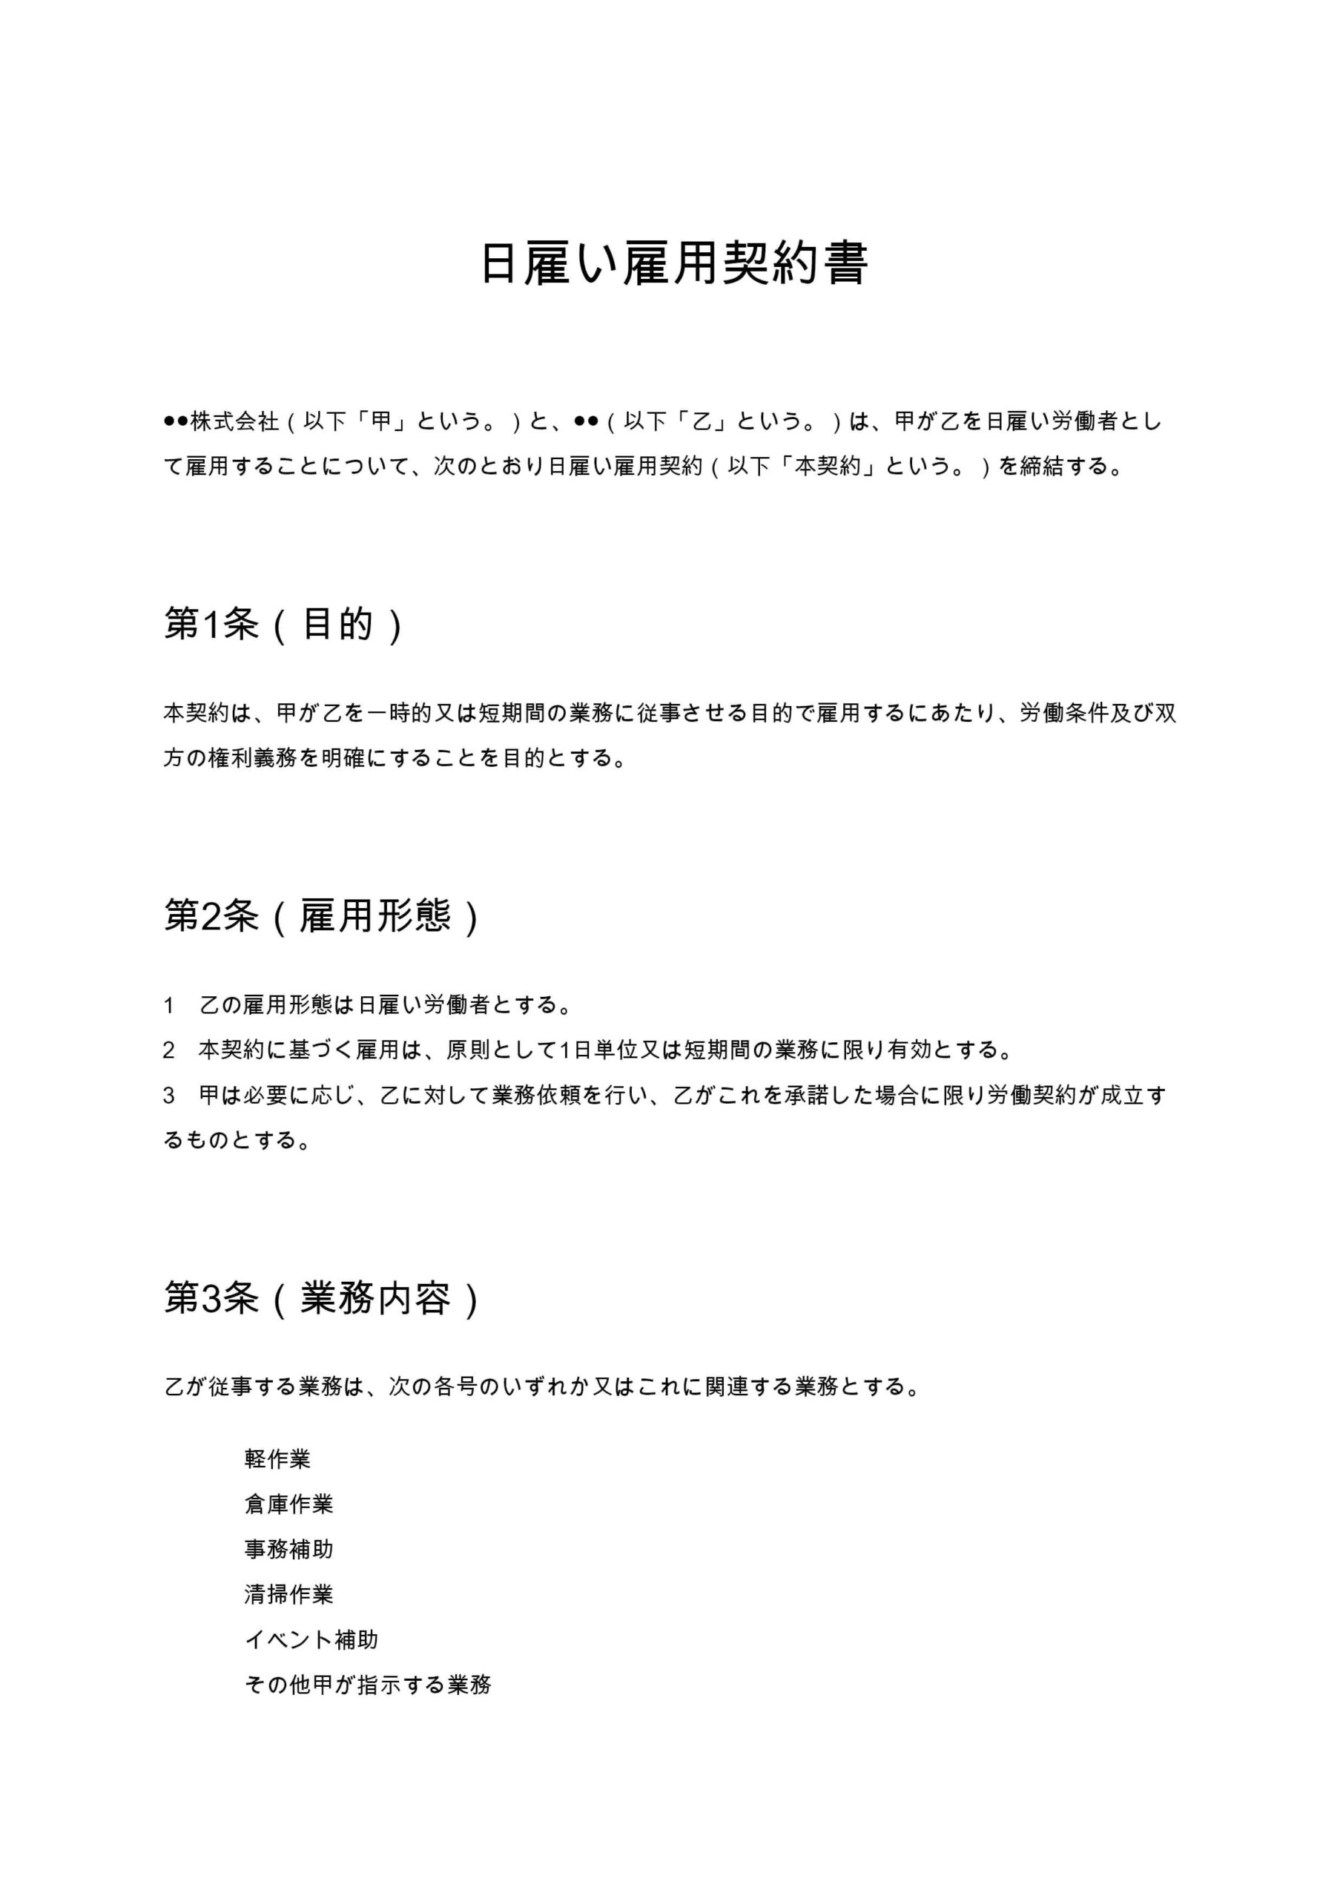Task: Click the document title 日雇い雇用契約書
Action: pyautogui.click(x=674, y=265)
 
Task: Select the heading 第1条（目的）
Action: pyautogui.click(x=283, y=625)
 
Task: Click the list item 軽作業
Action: pyautogui.click(x=277, y=1459)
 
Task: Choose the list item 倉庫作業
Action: pyautogui.click(x=288, y=1504)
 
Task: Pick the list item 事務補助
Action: pyautogui.click(x=288, y=1549)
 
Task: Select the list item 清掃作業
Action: pyautogui.click(x=288, y=1595)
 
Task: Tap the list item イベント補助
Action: pyautogui.click(x=311, y=1639)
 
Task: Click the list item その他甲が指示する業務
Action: pyautogui.click(x=368, y=1685)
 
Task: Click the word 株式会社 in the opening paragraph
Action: pyautogui.click(x=235, y=422)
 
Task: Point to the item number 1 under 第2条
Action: pyautogui.click(x=168, y=1006)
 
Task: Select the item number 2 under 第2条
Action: pyautogui.click(x=168, y=1050)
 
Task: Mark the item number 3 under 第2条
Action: pyautogui.click(x=168, y=1096)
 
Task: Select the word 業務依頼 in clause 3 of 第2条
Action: pyautogui.click(x=537, y=1096)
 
